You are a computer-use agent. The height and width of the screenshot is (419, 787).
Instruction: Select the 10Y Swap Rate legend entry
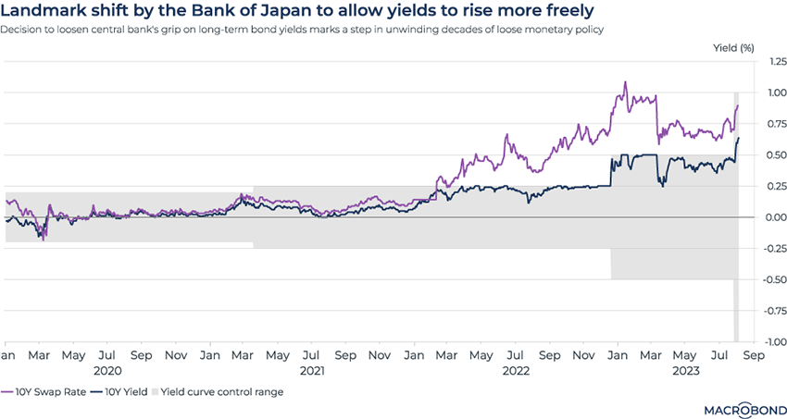pyautogui.click(x=52, y=392)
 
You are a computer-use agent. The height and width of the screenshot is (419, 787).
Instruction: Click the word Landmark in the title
pyautogui.click(x=47, y=12)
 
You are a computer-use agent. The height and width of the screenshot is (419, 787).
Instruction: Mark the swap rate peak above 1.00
pyautogui.click(x=625, y=82)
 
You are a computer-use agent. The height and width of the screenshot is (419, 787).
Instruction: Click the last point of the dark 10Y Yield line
pyautogui.click(x=739, y=138)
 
